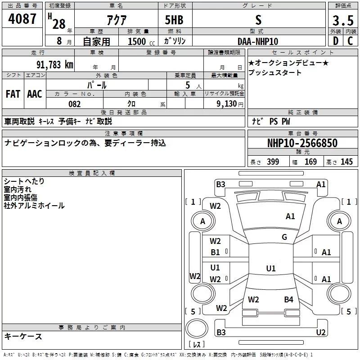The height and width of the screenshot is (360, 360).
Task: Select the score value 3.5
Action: [x=343, y=21]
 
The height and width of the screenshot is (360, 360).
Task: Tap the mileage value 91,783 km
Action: [x=54, y=64]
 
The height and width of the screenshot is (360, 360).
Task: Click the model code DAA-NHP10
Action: [x=258, y=41]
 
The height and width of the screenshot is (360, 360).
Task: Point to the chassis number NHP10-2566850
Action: [x=302, y=143]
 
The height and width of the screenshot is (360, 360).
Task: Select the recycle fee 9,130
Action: [x=229, y=104]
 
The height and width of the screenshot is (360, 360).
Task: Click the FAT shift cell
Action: [x=13, y=94]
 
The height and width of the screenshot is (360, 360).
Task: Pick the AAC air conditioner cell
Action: [x=35, y=94]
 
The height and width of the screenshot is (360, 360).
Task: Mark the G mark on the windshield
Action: [x=284, y=237]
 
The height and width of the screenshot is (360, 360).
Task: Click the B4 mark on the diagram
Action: [x=288, y=300]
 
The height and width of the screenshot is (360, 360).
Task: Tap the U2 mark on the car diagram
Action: [x=320, y=333]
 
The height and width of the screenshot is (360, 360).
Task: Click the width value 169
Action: [x=310, y=162]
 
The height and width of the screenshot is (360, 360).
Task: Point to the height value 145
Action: [x=346, y=162]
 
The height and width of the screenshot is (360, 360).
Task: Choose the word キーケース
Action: [x=23, y=337]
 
